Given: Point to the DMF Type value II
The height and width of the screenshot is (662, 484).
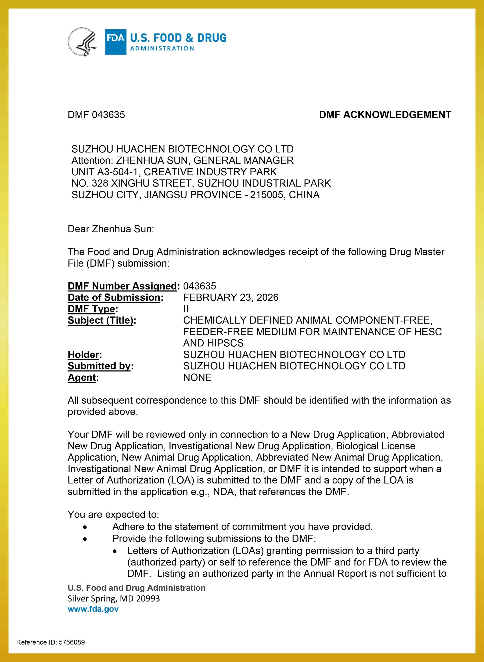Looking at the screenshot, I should click(186, 309).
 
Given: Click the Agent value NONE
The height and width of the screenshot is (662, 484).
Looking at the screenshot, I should click(197, 377).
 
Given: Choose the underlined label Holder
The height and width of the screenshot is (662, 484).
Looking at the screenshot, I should click(83, 355).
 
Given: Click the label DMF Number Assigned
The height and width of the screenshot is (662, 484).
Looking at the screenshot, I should click(123, 286).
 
